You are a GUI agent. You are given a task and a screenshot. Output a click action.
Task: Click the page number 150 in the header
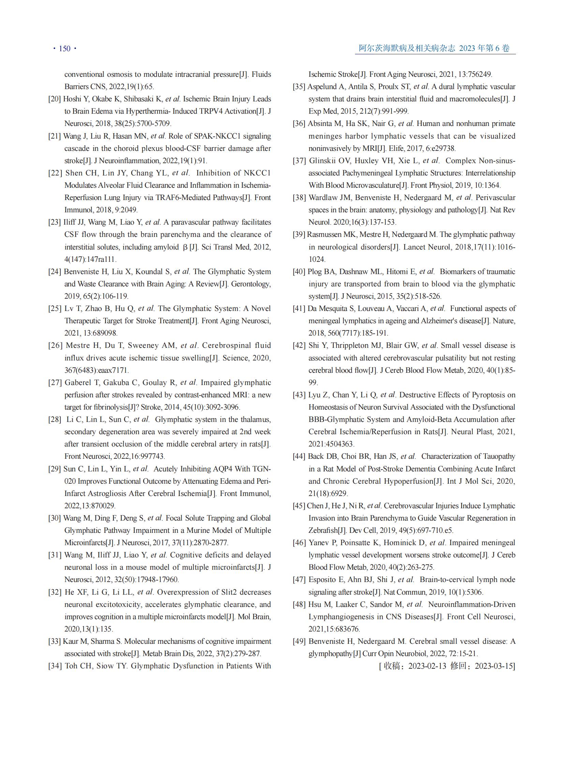(x=64, y=48)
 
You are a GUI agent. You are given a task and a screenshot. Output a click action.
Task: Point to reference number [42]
(x=299, y=345)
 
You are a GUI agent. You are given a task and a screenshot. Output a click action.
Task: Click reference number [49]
(x=299, y=641)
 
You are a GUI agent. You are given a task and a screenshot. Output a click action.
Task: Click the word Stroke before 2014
(x=146, y=407)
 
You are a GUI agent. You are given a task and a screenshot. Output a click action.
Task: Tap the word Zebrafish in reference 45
(x=323, y=530)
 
